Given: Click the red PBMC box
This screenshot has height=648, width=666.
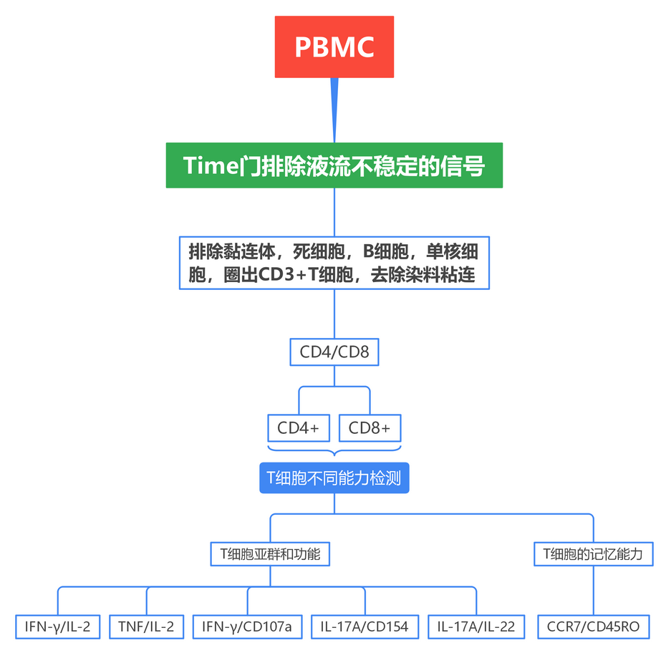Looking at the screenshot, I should tap(334, 47).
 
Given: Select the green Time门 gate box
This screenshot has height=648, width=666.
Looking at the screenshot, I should tap(334, 165).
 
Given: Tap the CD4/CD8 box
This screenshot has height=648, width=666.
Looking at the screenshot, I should tap(334, 352).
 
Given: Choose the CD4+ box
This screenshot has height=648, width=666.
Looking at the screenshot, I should tap(298, 428).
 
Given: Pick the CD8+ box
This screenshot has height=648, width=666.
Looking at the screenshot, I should tap(370, 428).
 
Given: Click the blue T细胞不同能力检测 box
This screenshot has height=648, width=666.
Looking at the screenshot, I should tap(334, 478).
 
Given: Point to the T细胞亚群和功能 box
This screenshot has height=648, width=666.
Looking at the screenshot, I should tap(269, 553).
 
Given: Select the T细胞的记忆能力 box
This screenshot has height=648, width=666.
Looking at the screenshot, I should tap(593, 553).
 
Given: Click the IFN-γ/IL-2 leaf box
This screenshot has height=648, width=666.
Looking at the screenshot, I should tap(57, 627).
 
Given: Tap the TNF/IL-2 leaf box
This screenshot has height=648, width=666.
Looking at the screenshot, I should tap(147, 627).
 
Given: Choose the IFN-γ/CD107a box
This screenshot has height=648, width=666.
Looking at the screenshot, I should tap(247, 627).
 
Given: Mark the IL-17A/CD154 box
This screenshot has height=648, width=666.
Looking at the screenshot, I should tap(365, 627).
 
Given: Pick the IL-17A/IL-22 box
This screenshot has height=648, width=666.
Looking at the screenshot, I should tap(476, 627).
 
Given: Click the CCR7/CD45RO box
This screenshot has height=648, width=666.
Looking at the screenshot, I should tap(593, 627).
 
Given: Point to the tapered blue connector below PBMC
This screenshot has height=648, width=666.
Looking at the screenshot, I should tap(334, 107).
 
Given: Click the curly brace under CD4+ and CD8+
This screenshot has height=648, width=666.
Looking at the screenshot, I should tap(334, 452).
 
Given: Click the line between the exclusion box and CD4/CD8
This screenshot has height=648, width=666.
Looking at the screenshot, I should tap(334, 314).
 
